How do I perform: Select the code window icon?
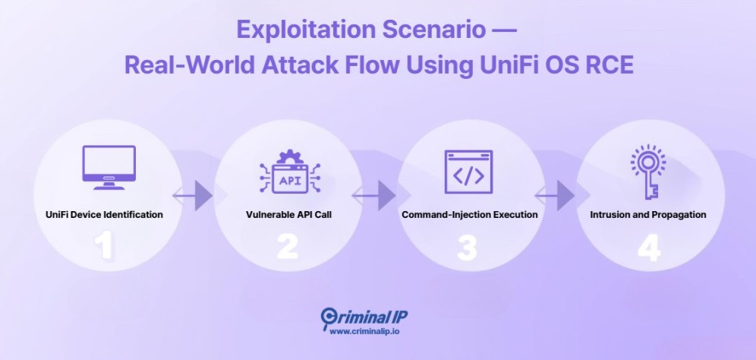coord(468,174)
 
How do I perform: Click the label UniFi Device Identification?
coord(105,215)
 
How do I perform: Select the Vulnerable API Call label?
coord(288,215)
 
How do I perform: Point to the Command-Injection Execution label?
coord(469,215)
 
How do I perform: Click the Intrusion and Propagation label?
coord(648,215)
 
